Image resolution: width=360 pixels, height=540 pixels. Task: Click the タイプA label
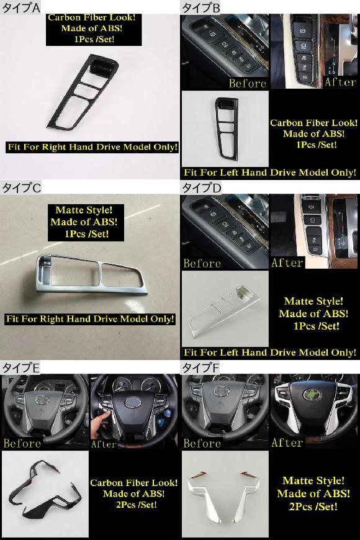coord(20,7)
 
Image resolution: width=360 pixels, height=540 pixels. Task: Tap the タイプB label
coord(201,7)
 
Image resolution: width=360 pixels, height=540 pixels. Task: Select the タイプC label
coord(21,187)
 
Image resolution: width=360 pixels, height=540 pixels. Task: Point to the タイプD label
coord(201,187)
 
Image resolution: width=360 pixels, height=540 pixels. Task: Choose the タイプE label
coord(20,368)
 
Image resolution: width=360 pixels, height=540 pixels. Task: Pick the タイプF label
coord(200,368)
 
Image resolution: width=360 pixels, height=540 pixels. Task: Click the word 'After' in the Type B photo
coord(340,82)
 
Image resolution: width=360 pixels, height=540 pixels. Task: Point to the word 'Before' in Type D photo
coord(202,263)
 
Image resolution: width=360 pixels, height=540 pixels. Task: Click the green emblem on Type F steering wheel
coord(312,395)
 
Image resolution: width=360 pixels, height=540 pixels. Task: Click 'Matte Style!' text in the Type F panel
coord(313,481)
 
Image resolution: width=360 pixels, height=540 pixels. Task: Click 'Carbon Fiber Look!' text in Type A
coord(92,17)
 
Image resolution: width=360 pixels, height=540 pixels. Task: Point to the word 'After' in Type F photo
coord(287,443)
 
